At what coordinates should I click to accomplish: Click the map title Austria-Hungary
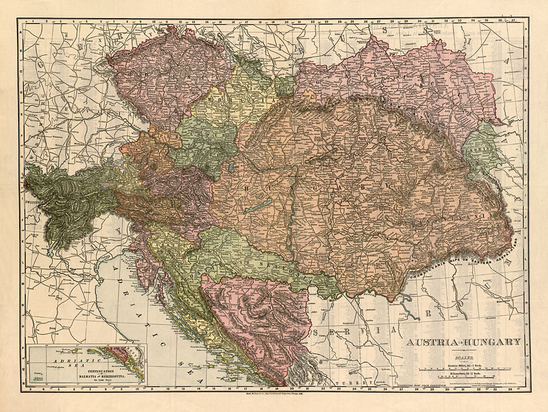pyautogui.click(x=463, y=342)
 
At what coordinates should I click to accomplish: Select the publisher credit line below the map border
pyautogui.click(x=274, y=394)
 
